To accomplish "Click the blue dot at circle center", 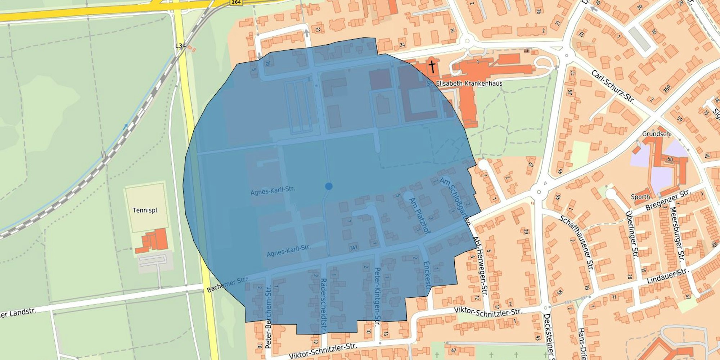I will pos(328,186).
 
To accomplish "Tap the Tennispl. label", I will pos(145,210).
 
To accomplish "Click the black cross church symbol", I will pos(432,67).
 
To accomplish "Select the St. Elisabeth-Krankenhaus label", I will pos(464,84).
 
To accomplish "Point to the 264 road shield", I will pos(236,2).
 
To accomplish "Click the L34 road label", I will pos(180,46).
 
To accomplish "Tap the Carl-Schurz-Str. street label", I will pos(612,86).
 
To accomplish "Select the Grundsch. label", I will pos(657,134).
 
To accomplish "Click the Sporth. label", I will pos(641,197).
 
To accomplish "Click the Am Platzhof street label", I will pos(420,216).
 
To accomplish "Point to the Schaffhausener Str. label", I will pos(576,243).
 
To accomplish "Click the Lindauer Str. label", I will pos(667,276).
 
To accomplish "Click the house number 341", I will pos(354,248).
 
